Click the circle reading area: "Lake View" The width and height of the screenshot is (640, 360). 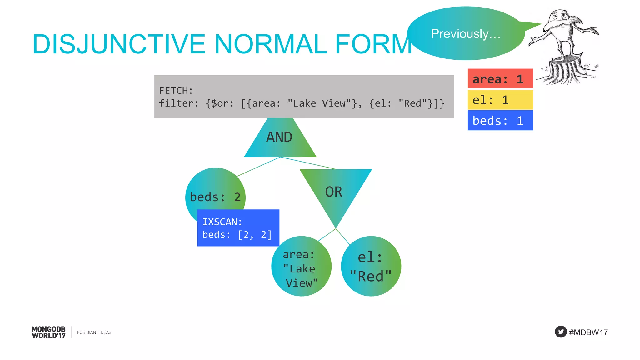click(301, 267)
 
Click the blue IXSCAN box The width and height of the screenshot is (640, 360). click(238, 228)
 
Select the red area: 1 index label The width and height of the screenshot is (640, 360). click(500, 79)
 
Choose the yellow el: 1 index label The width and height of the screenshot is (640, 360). click(500, 100)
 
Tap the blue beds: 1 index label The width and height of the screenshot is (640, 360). click(500, 121)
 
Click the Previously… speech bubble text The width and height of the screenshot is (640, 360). click(466, 34)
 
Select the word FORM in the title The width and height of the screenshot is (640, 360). click(373, 44)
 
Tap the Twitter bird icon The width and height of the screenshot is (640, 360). click(561, 332)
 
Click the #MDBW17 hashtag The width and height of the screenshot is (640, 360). click(588, 332)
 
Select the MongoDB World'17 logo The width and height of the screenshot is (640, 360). click(49, 332)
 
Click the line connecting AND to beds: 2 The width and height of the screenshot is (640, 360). click(258, 167)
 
